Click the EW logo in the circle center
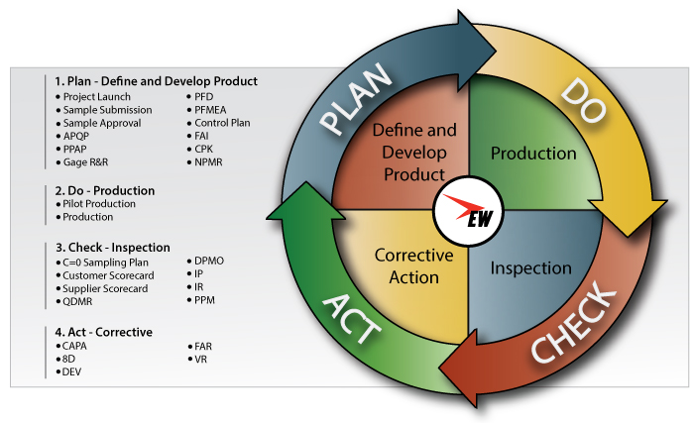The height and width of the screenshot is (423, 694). pos(470,210)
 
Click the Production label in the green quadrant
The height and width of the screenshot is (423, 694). pos(533,154)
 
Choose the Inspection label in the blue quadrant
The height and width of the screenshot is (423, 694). pos(530,267)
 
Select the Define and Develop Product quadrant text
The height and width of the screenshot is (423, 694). pos(413,153)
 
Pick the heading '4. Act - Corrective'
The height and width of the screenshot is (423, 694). pos(104,332)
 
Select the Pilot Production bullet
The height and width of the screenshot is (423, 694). pos(98,204)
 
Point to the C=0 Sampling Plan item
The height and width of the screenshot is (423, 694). pos(108,262)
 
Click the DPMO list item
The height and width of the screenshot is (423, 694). pos(210,261)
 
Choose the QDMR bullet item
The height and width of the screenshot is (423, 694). pos(78,301)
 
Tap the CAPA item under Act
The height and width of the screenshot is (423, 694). pos(75,346)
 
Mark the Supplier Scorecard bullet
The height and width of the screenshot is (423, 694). pos(104,288)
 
